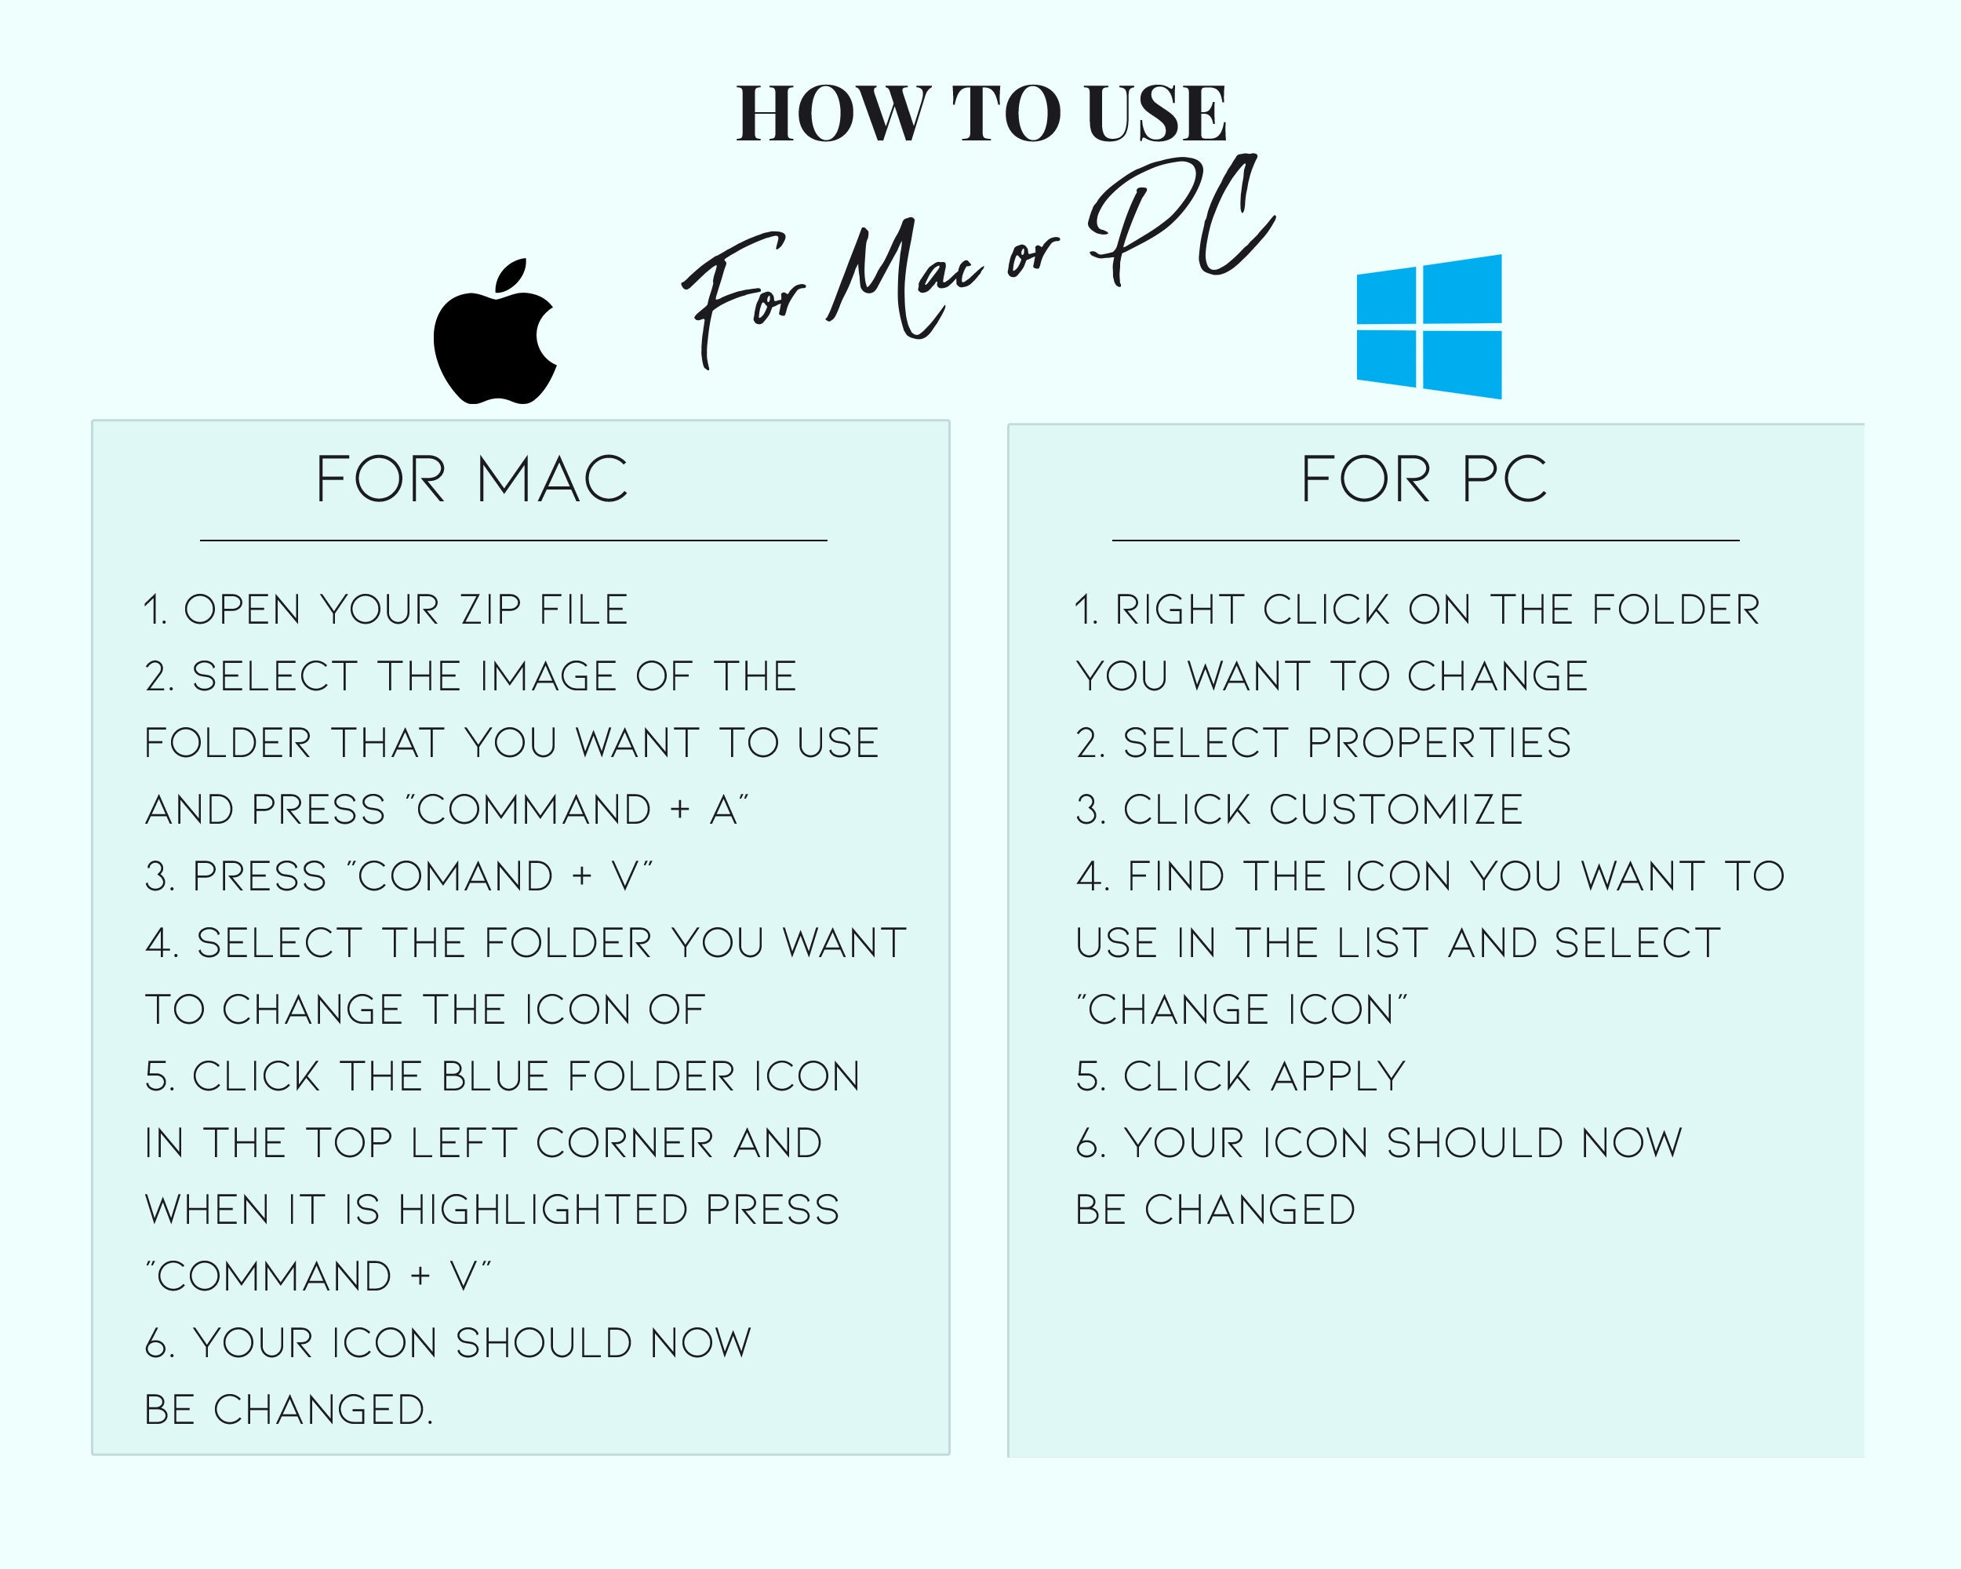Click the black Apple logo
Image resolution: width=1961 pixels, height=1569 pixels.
point(494,337)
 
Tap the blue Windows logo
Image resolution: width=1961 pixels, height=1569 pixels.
point(1429,326)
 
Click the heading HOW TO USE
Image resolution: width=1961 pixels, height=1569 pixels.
point(981,114)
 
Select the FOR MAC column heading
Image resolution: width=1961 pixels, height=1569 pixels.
point(471,479)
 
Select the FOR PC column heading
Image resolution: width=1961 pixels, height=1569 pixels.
point(1424,479)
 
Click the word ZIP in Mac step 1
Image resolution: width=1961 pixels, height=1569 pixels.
point(492,610)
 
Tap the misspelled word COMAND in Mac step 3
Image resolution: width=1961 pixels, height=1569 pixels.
point(456,877)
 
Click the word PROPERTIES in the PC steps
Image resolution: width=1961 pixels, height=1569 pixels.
point(1439,743)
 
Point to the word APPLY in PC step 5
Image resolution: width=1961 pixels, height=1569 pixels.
point(1338,1077)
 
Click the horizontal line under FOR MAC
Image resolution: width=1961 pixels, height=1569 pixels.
point(513,541)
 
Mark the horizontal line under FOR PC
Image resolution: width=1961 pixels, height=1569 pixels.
point(1425,541)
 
